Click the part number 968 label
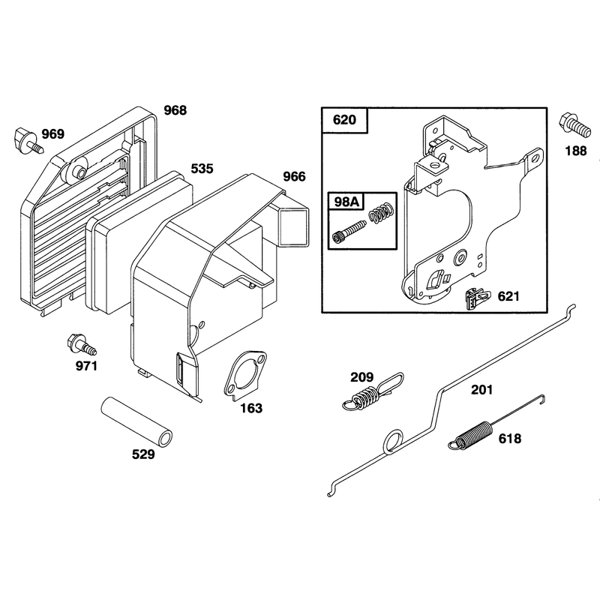[x=175, y=110]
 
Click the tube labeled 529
[x=136, y=421]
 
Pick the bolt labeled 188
[x=574, y=125]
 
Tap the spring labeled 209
[x=373, y=391]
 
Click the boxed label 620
[x=344, y=120]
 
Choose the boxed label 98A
[x=346, y=201]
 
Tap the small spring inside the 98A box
[x=382, y=212]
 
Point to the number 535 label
[x=202, y=169]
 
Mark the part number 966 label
[x=294, y=176]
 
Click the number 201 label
[x=482, y=390]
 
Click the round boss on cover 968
[x=76, y=172]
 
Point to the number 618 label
[x=510, y=439]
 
